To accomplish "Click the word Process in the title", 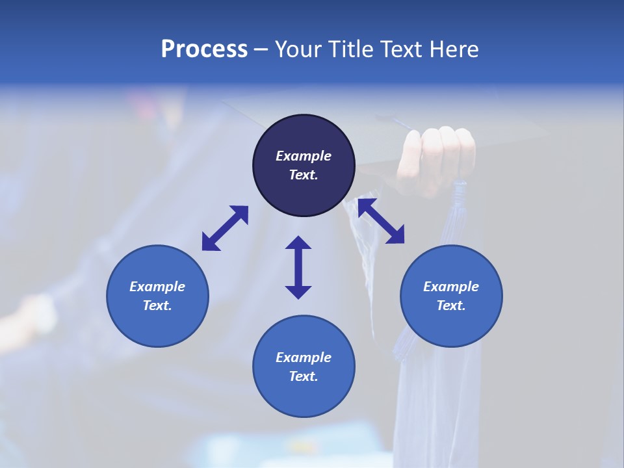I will (x=204, y=49).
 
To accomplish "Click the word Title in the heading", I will (x=348, y=49).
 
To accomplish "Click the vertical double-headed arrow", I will (x=298, y=267).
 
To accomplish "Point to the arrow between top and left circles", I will (x=225, y=228).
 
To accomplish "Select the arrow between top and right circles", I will (x=381, y=221).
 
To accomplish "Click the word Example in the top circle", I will (x=304, y=156).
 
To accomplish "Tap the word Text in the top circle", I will (x=304, y=175).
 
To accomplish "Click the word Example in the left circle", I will (x=157, y=287).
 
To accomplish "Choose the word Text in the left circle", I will (x=157, y=305).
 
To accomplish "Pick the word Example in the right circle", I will (x=451, y=287).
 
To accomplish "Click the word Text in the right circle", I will (x=451, y=305).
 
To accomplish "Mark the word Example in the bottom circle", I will (x=304, y=357).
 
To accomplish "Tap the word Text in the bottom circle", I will (x=304, y=376).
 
